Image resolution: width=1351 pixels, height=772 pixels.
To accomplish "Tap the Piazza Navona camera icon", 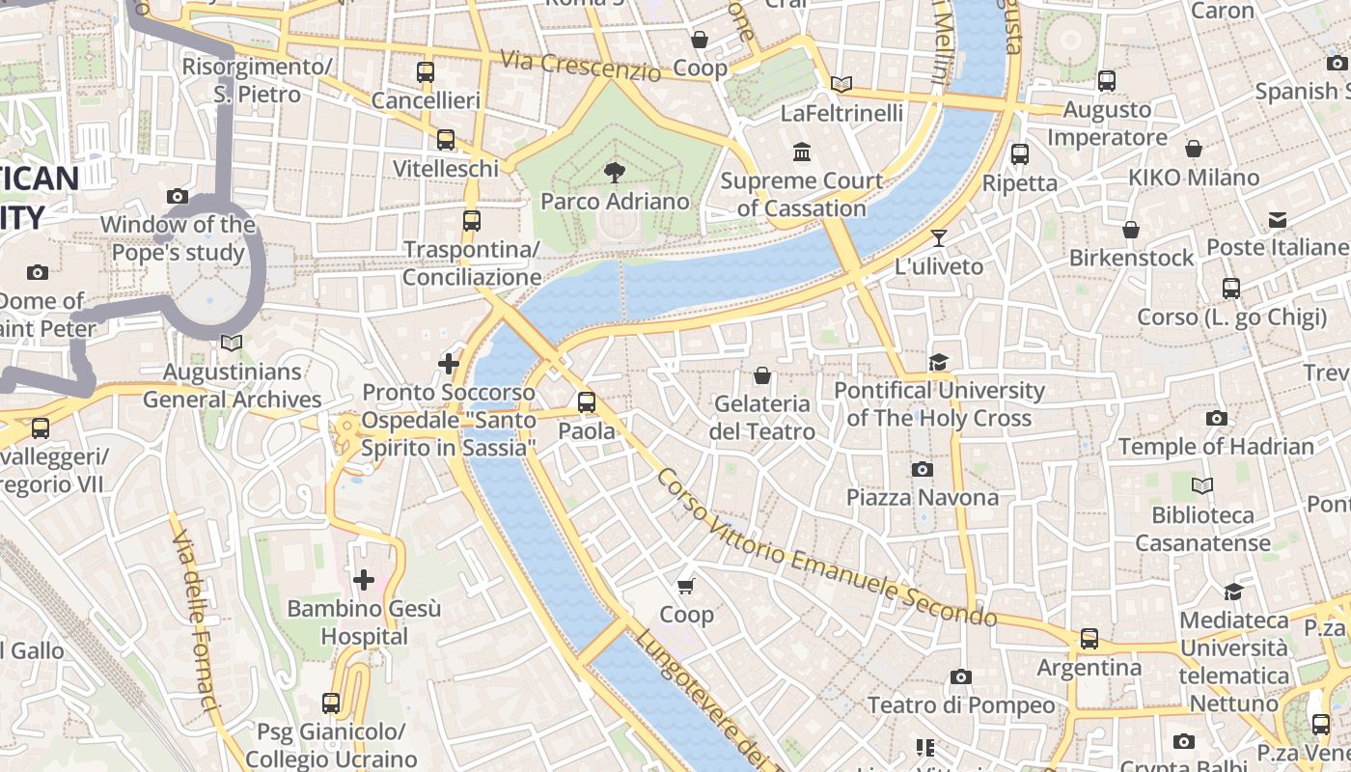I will click(923, 470).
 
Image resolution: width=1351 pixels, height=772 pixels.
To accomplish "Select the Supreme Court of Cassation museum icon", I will click(802, 152).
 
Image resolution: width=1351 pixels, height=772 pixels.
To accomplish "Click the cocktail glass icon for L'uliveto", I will click(938, 238).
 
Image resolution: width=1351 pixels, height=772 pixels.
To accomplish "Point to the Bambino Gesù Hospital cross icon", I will click(364, 580).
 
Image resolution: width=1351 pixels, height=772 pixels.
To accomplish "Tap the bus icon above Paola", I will click(586, 402).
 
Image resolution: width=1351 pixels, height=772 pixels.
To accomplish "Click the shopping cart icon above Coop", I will click(686, 586).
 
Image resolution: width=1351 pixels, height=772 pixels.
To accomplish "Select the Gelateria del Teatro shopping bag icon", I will click(762, 375).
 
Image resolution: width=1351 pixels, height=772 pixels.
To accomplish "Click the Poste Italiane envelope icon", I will click(1278, 220).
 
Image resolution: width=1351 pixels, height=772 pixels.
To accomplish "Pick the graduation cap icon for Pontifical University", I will click(938, 363).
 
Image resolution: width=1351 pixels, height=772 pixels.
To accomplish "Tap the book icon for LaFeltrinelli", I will click(841, 85).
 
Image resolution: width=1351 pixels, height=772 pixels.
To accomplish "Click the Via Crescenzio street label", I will click(580, 66).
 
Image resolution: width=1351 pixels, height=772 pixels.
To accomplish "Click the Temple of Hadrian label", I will click(1216, 447).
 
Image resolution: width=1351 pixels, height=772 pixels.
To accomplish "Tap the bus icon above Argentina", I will click(1089, 639).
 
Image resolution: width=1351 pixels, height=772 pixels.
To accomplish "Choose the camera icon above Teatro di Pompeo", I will click(960, 677).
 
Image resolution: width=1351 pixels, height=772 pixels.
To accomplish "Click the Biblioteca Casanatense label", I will click(1202, 529).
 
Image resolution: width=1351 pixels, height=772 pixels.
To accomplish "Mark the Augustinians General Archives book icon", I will click(231, 344).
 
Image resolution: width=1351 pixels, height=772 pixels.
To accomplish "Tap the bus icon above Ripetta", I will click(1020, 154).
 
